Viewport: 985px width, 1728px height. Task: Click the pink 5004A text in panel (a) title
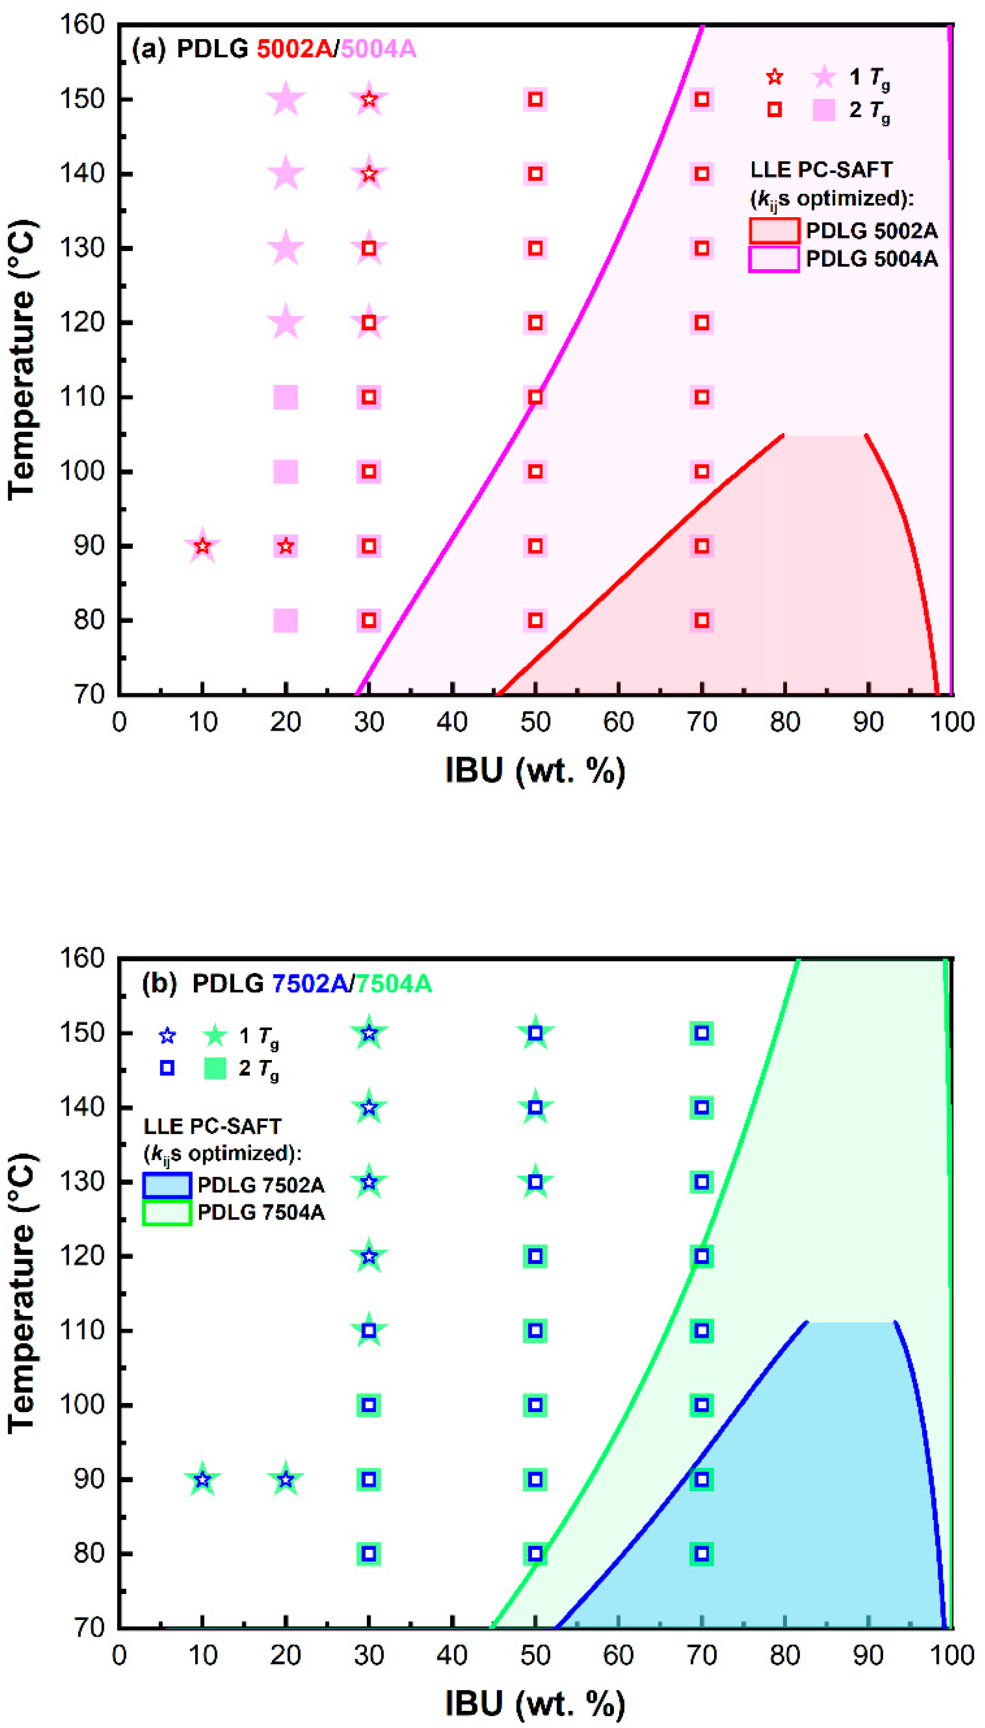coord(378,50)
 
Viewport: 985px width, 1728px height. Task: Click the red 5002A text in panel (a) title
coord(294,50)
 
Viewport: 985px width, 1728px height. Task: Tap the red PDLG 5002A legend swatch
coord(774,231)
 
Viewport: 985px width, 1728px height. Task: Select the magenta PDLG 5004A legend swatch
coord(774,259)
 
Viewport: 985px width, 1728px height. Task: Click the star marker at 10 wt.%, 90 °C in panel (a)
coord(202,546)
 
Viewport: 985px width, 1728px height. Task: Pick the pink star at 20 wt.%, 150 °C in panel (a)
coord(285,100)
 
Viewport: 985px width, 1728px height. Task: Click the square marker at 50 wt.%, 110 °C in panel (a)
coord(535,397)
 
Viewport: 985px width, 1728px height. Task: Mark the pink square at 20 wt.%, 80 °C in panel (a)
coord(285,620)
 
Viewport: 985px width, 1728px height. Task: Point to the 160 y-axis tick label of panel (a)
coord(82,25)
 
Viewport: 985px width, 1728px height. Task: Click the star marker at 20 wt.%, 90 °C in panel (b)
coord(285,1480)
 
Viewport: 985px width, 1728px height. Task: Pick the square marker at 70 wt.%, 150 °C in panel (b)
coord(702,1033)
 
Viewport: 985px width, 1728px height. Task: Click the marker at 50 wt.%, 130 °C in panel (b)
coord(535,1182)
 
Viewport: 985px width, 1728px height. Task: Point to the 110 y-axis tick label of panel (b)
coord(82,1330)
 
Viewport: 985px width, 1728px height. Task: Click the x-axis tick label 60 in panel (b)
coord(618,1656)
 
